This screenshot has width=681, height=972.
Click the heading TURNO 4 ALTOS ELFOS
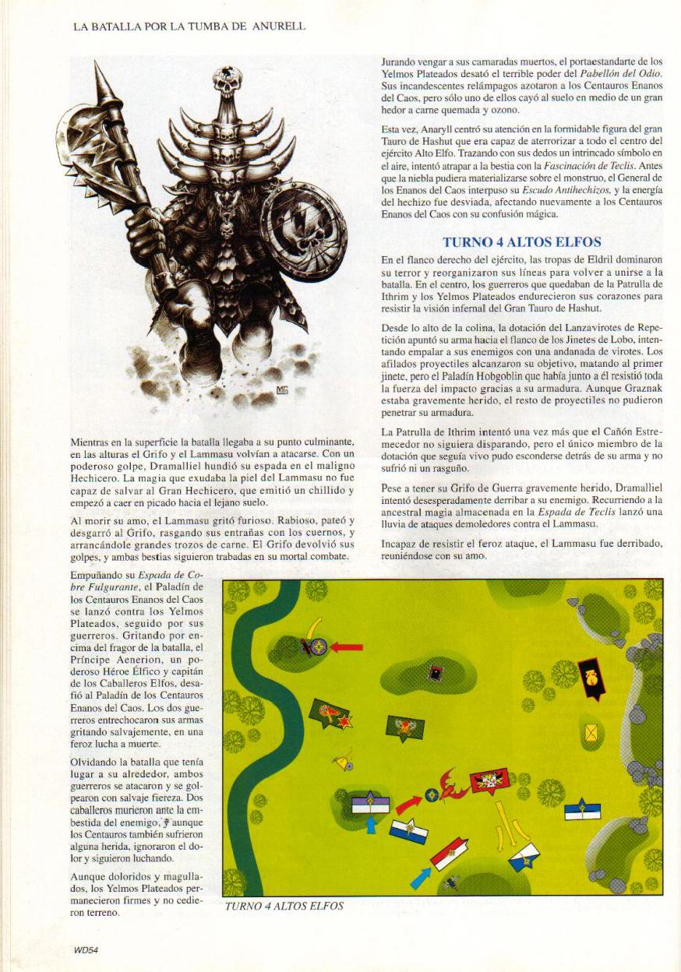pyautogui.click(x=521, y=241)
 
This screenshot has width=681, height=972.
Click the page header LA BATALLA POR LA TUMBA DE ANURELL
pyautogui.click(x=189, y=26)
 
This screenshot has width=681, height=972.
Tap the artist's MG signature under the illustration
pyautogui.click(x=282, y=389)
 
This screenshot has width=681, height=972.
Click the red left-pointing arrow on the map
pyautogui.click(x=346, y=646)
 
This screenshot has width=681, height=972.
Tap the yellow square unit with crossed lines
pyautogui.click(x=592, y=732)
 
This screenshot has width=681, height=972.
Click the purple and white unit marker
pyautogui.click(x=370, y=804)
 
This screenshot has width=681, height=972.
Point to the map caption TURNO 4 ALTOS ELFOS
pyautogui.click(x=284, y=906)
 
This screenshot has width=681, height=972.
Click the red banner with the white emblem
pyautogui.click(x=490, y=780)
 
